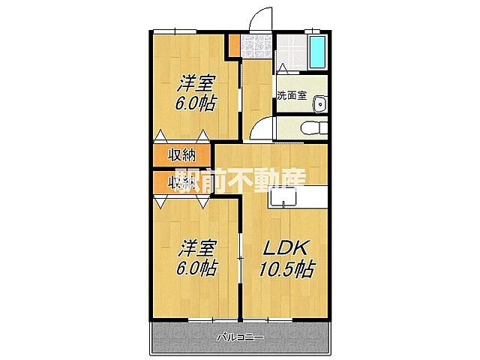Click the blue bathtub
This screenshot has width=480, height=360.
[x=317, y=51]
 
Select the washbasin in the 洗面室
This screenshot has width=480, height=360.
[x=319, y=103]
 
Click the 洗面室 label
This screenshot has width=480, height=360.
[x=291, y=95]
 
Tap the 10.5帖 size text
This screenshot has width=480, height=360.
[x=285, y=268]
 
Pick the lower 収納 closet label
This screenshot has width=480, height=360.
[x=181, y=181]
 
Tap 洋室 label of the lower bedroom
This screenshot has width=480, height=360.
[x=197, y=247]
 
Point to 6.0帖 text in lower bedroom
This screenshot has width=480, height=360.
[x=196, y=268]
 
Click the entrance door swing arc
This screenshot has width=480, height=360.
[x=259, y=16]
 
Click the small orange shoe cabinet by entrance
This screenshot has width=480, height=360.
[x=234, y=44]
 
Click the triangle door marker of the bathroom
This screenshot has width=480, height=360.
[x=283, y=68]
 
